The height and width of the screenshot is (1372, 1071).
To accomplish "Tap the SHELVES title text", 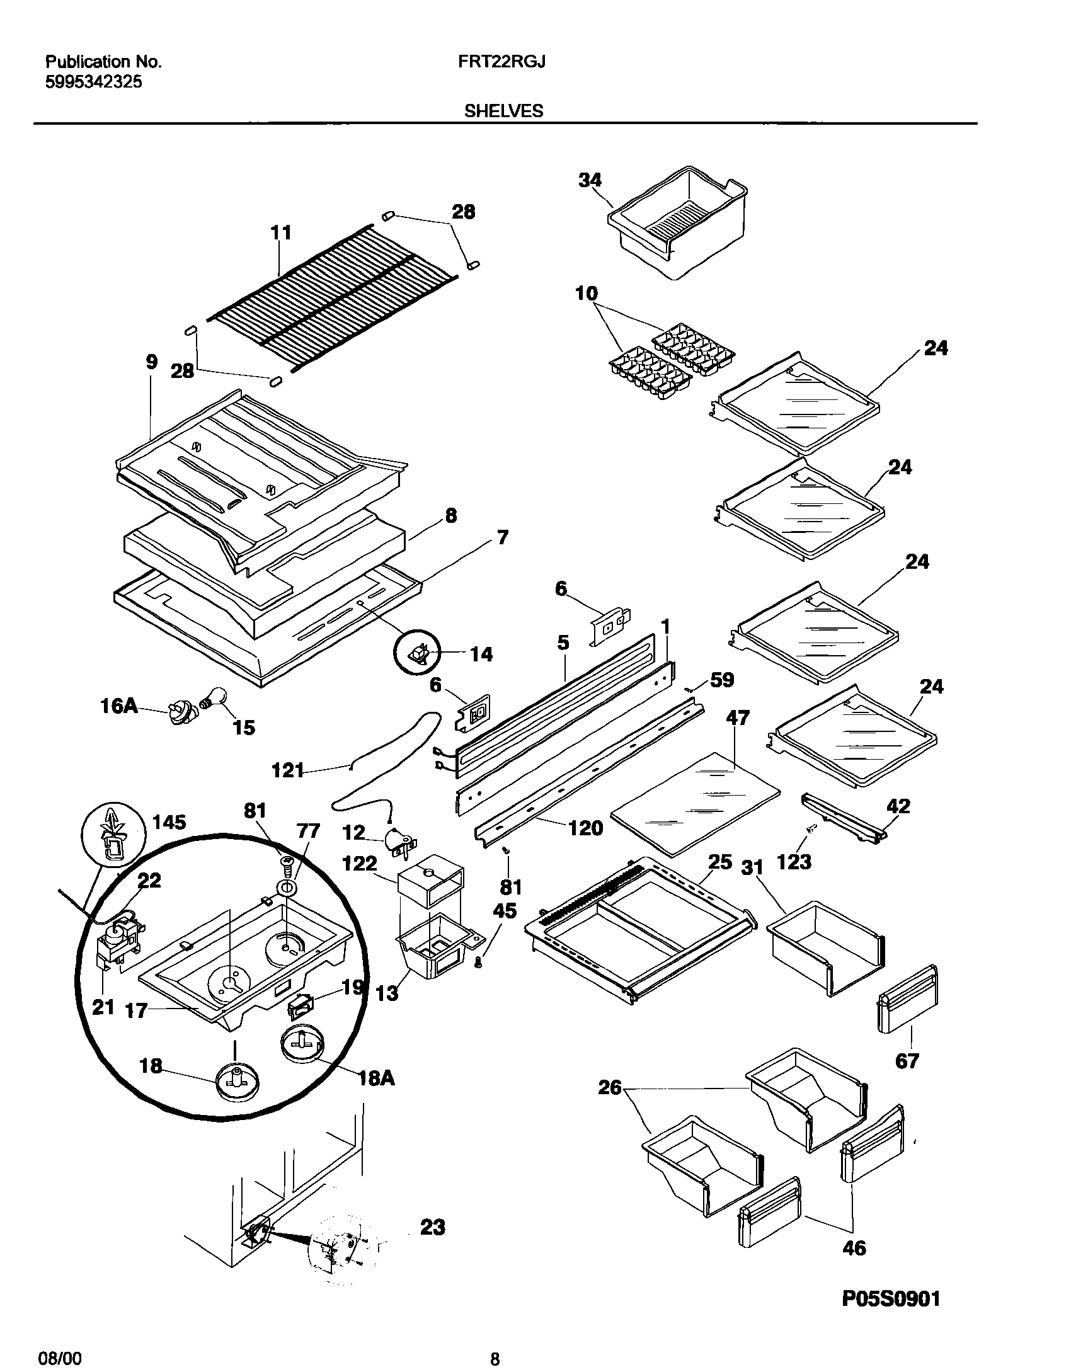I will tap(503, 111).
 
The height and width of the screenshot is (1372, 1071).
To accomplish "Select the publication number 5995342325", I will tap(93, 82).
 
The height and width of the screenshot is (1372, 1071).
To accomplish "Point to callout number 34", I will tap(590, 180).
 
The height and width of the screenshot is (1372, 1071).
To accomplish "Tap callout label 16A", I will tap(119, 706).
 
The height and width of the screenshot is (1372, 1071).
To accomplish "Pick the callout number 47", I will tap(738, 717).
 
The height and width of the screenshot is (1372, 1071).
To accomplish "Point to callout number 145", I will tap(169, 821).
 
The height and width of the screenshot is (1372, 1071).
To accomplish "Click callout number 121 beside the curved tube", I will tap(288, 770).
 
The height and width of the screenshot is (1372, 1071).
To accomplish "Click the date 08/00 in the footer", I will tap(64, 1354).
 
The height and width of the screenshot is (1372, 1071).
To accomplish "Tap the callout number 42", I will tap(898, 806).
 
